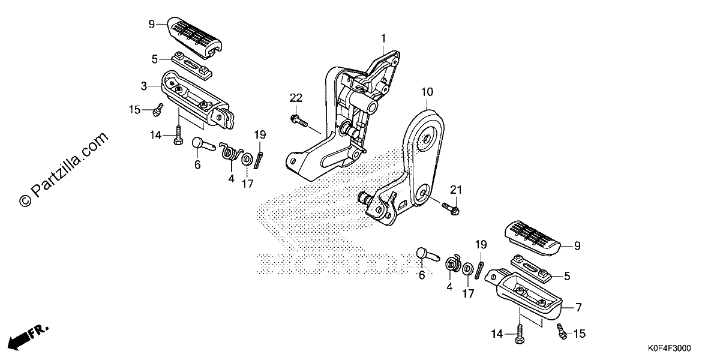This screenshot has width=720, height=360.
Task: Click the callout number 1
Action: point(383,39)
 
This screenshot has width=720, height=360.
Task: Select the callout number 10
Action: point(427,92)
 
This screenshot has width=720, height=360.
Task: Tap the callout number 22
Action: point(296,98)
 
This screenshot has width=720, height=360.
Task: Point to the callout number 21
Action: point(456,190)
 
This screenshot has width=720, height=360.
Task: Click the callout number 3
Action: point(144,86)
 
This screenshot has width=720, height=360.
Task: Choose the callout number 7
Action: point(578,308)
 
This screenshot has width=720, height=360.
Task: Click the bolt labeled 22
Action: point(299,121)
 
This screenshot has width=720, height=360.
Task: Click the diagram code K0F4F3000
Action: point(669,349)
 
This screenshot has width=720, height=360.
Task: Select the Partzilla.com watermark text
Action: point(64,169)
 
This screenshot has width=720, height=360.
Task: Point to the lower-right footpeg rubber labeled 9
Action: point(533,238)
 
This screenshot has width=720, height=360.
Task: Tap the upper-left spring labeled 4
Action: point(231,151)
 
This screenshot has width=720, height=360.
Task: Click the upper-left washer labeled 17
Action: point(247,159)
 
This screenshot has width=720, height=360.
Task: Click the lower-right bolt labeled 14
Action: point(520,334)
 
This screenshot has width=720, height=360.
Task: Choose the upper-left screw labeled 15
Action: point(158,110)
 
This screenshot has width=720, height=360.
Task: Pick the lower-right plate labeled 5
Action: point(531,269)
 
